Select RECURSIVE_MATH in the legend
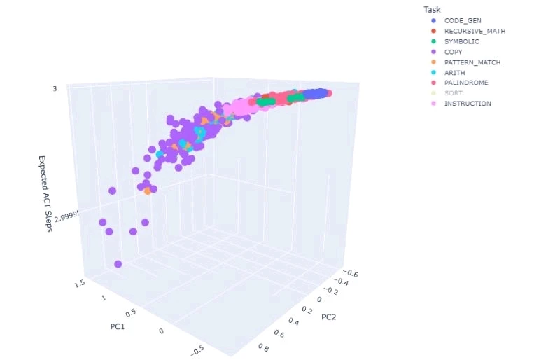[475, 32]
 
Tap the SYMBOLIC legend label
[461, 42]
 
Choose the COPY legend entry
[453, 52]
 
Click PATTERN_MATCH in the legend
[472, 62]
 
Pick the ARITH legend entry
[454, 73]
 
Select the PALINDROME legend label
[466, 83]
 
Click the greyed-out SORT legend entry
[453, 93]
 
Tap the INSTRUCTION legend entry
[468, 104]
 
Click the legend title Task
[432, 9]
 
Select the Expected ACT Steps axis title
[45, 194]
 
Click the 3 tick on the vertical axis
[55, 89]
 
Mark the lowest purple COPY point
[118, 263]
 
